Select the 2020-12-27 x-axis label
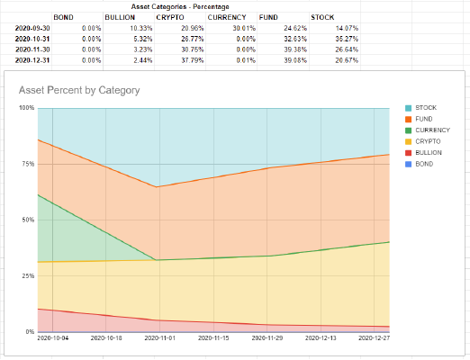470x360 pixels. coord(376,339)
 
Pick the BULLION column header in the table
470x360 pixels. coord(120,17)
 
